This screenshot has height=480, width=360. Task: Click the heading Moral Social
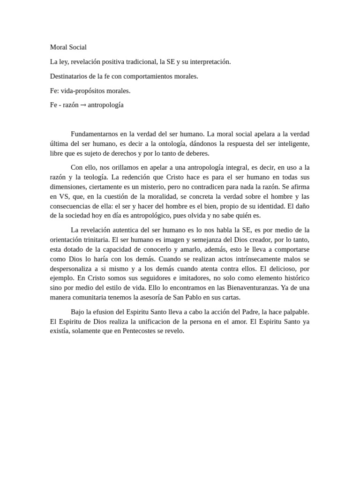pyautogui.click(x=68, y=47)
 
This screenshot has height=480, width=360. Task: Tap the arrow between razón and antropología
pyautogui.click(x=83, y=105)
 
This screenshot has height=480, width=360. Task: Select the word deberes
pyautogui.click(x=198, y=153)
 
